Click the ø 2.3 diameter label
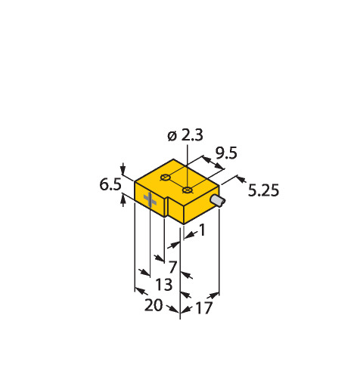pyautogui.click(x=185, y=135)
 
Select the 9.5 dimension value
pyautogui.click(x=226, y=153)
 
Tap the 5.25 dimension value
pyautogui.click(x=263, y=190)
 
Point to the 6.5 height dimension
pyautogui.click(x=110, y=184)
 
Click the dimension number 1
pyautogui.click(x=203, y=230)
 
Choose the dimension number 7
pyautogui.click(x=172, y=267)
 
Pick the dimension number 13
pyautogui.click(x=164, y=285)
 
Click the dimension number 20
pyautogui.click(x=154, y=305)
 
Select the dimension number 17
pyautogui.click(x=204, y=307)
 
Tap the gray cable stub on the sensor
pyautogui.click(x=218, y=201)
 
